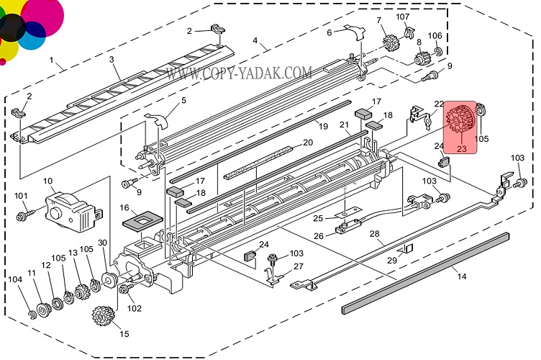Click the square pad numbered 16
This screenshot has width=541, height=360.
[145, 219]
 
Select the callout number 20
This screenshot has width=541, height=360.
[307, 142]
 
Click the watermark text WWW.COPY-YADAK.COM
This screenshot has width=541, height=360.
[239, 73]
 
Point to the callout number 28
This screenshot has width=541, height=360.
[374, 233]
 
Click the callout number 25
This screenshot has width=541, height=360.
[317, 217]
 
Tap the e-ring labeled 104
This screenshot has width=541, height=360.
[33, 314]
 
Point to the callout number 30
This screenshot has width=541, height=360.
[102, 243]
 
